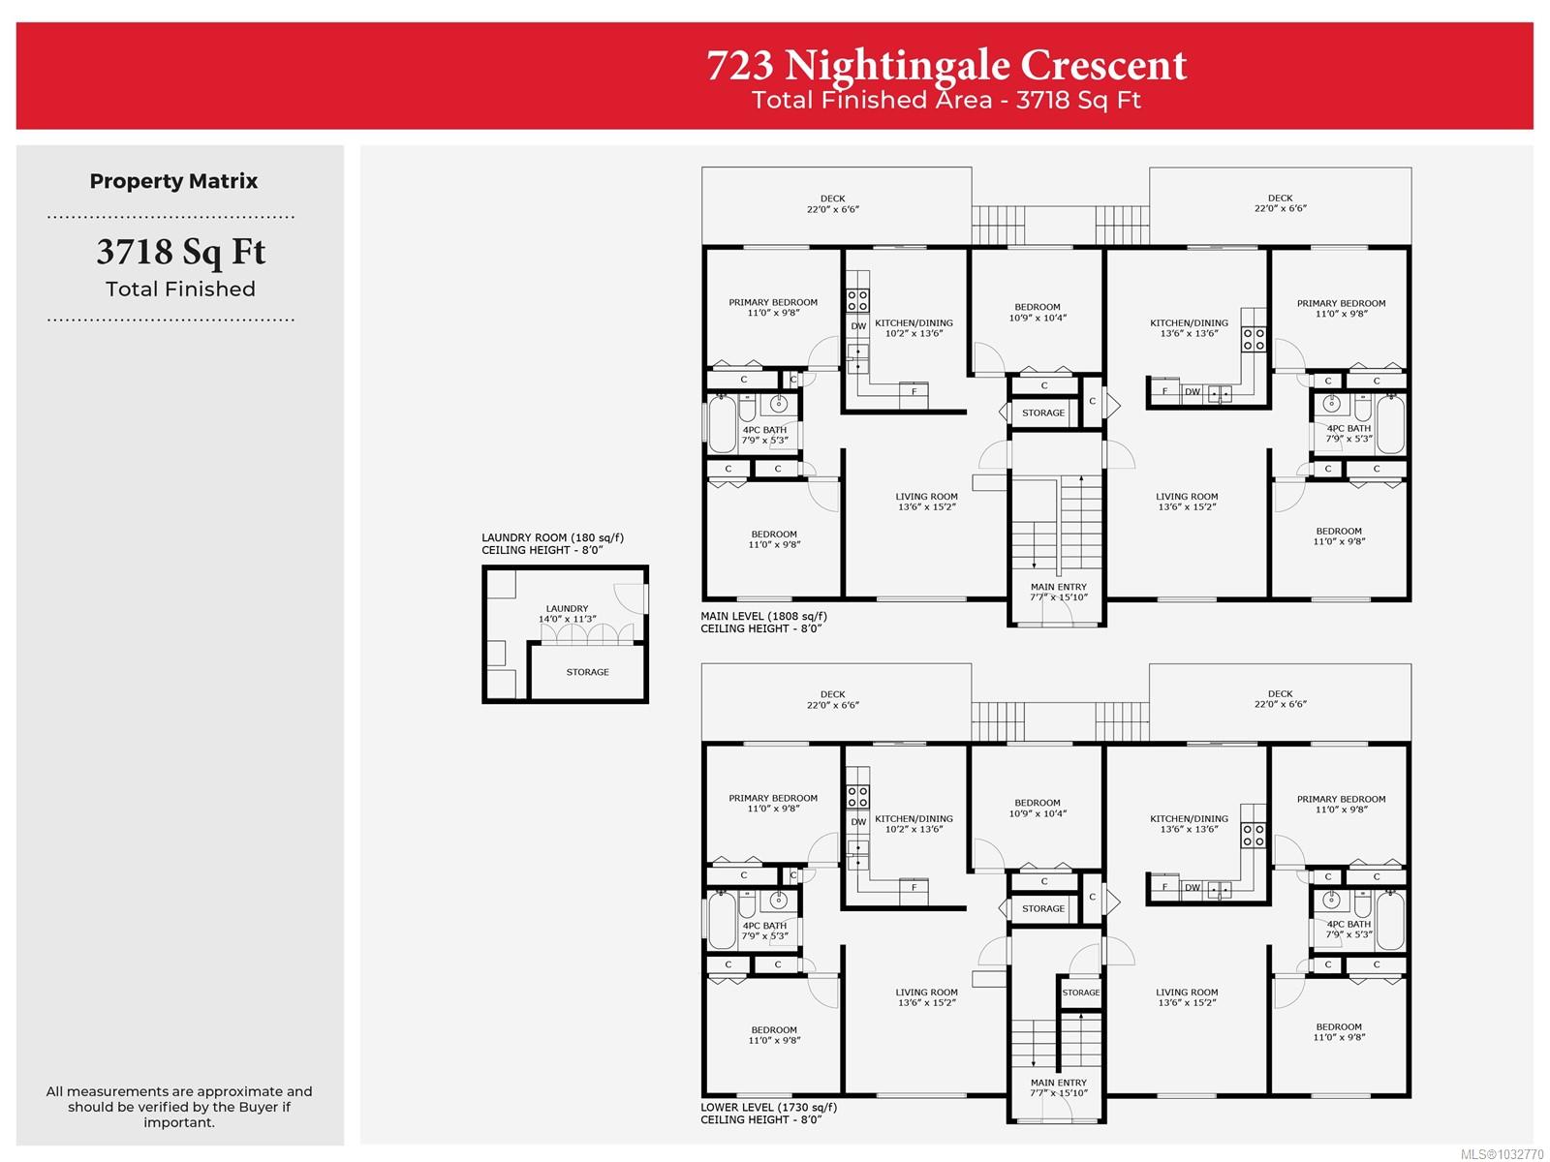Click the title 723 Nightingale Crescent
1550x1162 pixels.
[x=945, y=66]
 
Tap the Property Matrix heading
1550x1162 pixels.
[x=173, y=181]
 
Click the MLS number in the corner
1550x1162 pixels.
[x=1501, y=1153]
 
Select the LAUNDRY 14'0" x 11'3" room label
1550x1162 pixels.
[x=567, y=614]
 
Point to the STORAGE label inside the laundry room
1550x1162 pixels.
[x=587, y=672]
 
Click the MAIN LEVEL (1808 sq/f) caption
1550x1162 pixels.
[x=763, y=616]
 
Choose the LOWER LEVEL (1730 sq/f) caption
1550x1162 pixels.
[x=768, y=1107]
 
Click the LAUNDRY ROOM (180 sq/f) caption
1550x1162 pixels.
[x=552, y=537]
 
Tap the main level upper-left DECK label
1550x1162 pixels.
[x=832, y=203]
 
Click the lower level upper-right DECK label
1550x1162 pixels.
[x=1280, y=699]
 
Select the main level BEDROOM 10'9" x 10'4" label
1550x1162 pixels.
[x=1037, y=312]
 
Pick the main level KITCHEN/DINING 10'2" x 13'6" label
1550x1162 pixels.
[x=914, y=328]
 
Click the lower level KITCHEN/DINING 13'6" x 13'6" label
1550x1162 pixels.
[x=1189, y=824]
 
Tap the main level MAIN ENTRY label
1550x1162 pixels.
[x=1058, y=592]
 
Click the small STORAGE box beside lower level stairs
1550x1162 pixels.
[x=1080, y=993]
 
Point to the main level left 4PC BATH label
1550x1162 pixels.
[x=764, y=435]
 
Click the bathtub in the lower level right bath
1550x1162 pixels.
[x=1390, y=921]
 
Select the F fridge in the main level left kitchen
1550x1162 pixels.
[x=914, y=392]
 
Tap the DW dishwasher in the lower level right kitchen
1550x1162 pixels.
[x=1192, y=888]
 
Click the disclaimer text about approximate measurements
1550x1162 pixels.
[x=179, y=1106]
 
